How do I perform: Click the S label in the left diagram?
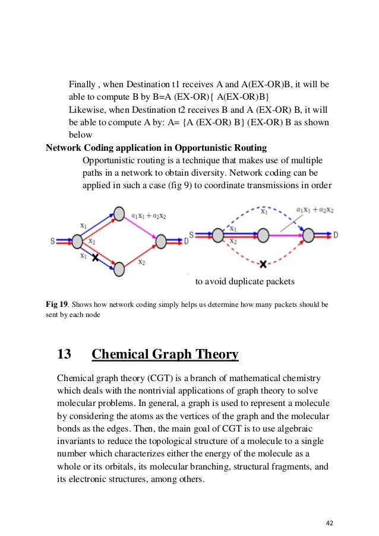pos(53,241)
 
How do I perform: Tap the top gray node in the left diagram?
pos(119,214)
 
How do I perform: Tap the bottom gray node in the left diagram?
pos(119,269)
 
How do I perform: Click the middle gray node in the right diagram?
pos(264,236)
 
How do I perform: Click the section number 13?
pos(64,355)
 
